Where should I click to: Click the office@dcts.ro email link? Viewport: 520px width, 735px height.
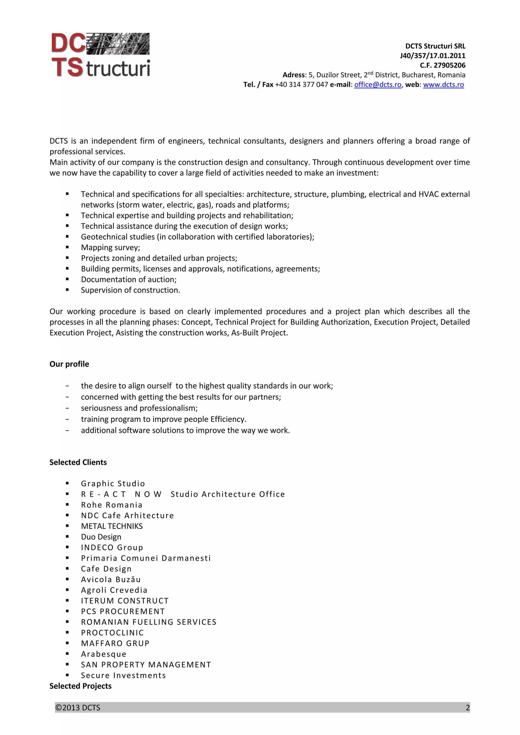pyautogui.click(x=377, y=84)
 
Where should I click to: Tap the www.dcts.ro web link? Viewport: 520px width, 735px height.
pyautogui.click(x=443, y=84)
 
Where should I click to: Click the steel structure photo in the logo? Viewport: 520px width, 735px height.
pyautogui.click(x=117, y=44)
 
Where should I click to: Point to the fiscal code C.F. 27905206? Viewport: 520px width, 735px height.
pyautogui.click(x=443, y=65)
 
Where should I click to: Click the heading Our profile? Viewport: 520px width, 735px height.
pyautogui.click(x=69, y=364)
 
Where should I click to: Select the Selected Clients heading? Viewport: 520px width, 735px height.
pyautogui.click(x=78, y=462)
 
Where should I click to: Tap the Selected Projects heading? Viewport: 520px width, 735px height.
pyautogui.click(x=80, y=686)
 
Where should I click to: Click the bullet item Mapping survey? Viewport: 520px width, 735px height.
pyautogui.click(x=110, y=248)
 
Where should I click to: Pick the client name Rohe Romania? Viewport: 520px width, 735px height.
pyautogui.click(x=111, y=505)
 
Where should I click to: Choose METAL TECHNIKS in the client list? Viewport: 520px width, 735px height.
pyautogui.click(x=111, y=526)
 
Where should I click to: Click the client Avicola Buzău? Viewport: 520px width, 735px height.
pyautogui.click(x=110, y=580)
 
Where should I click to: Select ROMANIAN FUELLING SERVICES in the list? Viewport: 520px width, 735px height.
pyautogui.click(x=149, y=622)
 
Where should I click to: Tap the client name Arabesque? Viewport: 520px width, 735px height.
pyautogui.click(x=104, y=654)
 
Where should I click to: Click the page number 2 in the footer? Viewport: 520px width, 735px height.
pyautogui.click(x=467, y=707)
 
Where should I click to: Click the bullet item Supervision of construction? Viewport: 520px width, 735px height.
pyautogui.click(x=131, y=290)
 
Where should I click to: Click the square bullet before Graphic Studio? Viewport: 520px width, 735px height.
pyautogui.click(x=67, y=483)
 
